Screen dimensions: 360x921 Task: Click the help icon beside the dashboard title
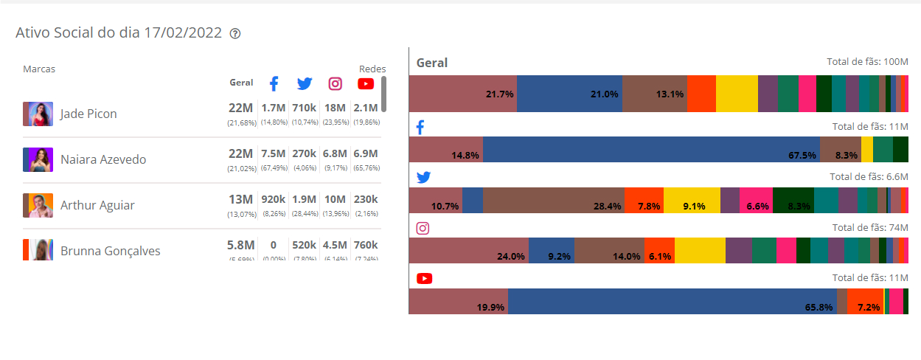[235, 34]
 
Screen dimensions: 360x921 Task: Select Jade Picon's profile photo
[38, 114]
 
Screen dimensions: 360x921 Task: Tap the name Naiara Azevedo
[103, 159]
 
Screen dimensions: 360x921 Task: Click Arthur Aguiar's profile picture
[38, 205]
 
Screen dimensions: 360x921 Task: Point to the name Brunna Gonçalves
[110, 251]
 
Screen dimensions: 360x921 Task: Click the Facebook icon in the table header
[274, 83]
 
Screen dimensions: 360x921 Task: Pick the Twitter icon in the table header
[305, 83]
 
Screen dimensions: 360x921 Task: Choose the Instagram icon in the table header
[335, 83]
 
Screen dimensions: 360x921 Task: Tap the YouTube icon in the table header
[366, 83]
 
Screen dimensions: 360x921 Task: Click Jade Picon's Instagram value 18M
[335, 108]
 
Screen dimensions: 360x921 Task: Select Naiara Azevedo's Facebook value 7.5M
[274, 153]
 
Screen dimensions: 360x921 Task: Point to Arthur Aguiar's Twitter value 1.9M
[305, 199]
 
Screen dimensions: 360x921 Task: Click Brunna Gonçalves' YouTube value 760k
[366, 245]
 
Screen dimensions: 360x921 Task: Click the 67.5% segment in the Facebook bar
[651, 150]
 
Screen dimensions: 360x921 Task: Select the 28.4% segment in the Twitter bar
[554, 201]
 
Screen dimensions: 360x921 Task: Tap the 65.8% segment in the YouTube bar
[672, 302]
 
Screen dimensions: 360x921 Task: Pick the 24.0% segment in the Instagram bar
[469, 251]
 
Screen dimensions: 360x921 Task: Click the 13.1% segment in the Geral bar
[654, 94]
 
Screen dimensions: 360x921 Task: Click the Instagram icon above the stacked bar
[423, 228]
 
